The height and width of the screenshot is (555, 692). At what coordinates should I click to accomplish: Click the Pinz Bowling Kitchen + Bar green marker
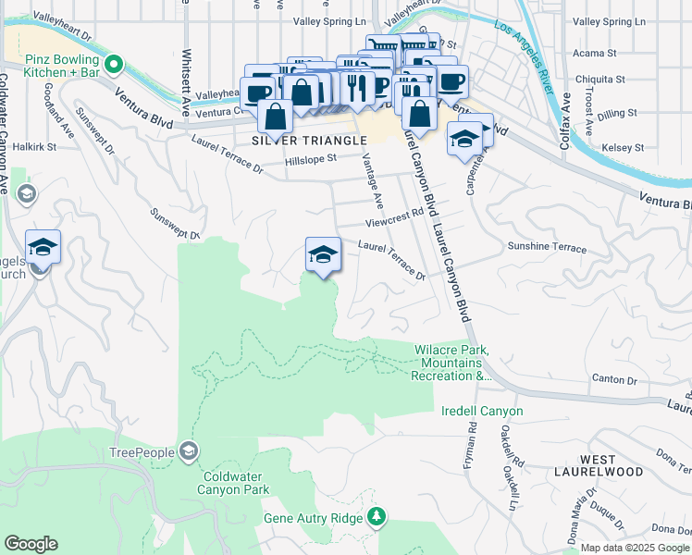coord(114,64)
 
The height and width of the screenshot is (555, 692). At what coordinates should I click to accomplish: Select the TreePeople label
coord(142,452)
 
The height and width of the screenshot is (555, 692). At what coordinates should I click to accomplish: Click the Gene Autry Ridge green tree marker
coord(377,516)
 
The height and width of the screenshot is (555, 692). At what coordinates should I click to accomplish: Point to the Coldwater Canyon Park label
coord(236,483)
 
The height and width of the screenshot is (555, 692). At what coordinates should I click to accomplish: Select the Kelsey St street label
coord(623,147)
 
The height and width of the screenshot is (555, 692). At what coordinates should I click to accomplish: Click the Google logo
coord(31,545)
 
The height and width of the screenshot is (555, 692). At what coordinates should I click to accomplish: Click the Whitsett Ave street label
coord(187,75)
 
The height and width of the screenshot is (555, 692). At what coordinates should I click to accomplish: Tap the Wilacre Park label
coord(451,349)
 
